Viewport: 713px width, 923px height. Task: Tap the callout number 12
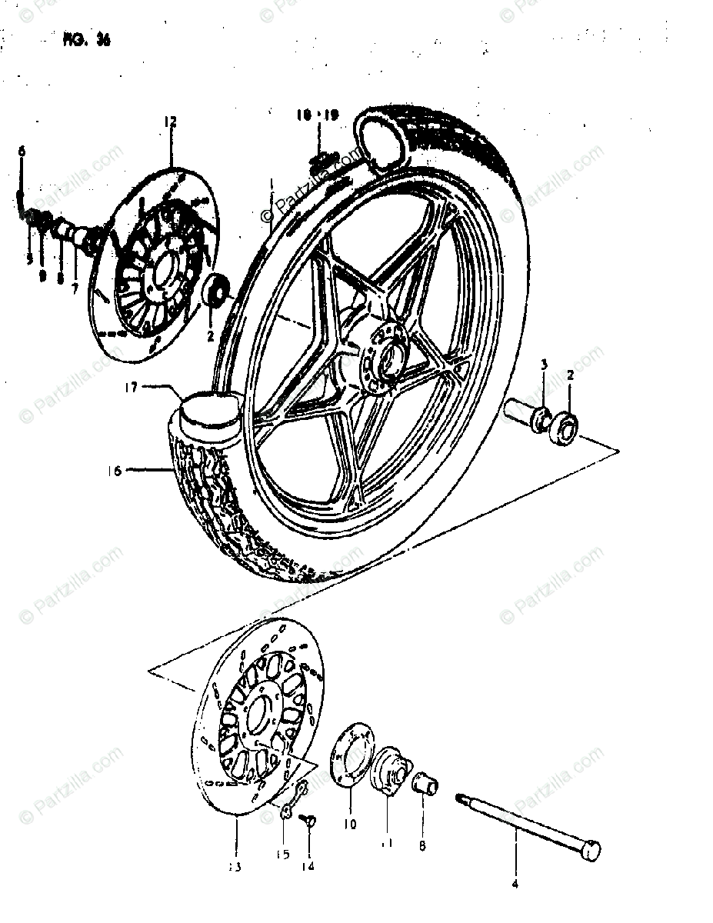click(170, 121)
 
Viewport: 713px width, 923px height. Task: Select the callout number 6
click(22, 152)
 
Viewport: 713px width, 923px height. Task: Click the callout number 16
click(115, 471)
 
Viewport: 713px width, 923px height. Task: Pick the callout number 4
click(515, 884)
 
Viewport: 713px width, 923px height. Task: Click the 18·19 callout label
click(316, 115)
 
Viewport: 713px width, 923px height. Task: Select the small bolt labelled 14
click(310, 821)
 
